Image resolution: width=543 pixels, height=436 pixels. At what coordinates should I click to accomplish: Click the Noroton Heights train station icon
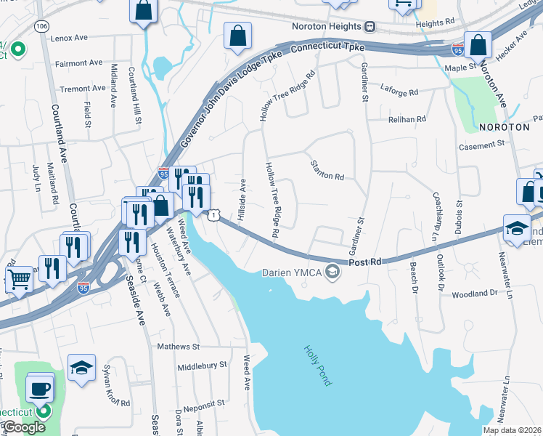pyautogui.click(x=370, y=27)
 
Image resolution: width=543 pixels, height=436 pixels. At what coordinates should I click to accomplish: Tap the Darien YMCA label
pyautogui.click(x=292, y=273)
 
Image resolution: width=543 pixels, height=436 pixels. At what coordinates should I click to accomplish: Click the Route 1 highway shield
pyautogui.click(x=213, y=214)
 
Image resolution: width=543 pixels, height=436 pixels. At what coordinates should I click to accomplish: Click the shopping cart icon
pyautogui.click(x=19, y=278)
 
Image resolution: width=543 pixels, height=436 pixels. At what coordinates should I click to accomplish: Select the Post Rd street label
pyautogui.click(x=364, y=262)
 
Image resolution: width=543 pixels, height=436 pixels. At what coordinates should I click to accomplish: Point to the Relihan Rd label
pyautogui.click(x=407, y=118)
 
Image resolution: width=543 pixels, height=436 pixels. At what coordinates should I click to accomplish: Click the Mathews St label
pyautogui.click(x=178, y=347)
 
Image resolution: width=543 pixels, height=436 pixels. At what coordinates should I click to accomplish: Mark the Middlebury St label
pyautogui.click(x=202, y=365)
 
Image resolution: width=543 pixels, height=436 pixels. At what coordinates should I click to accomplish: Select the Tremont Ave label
pyautogui.click(x=83, y=89)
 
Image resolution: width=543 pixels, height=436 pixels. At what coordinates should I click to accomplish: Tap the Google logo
pyautogui.click(x=23, y=427)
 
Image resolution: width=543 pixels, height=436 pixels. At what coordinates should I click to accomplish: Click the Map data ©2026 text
pyautogui.click(x=512, y=430)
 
